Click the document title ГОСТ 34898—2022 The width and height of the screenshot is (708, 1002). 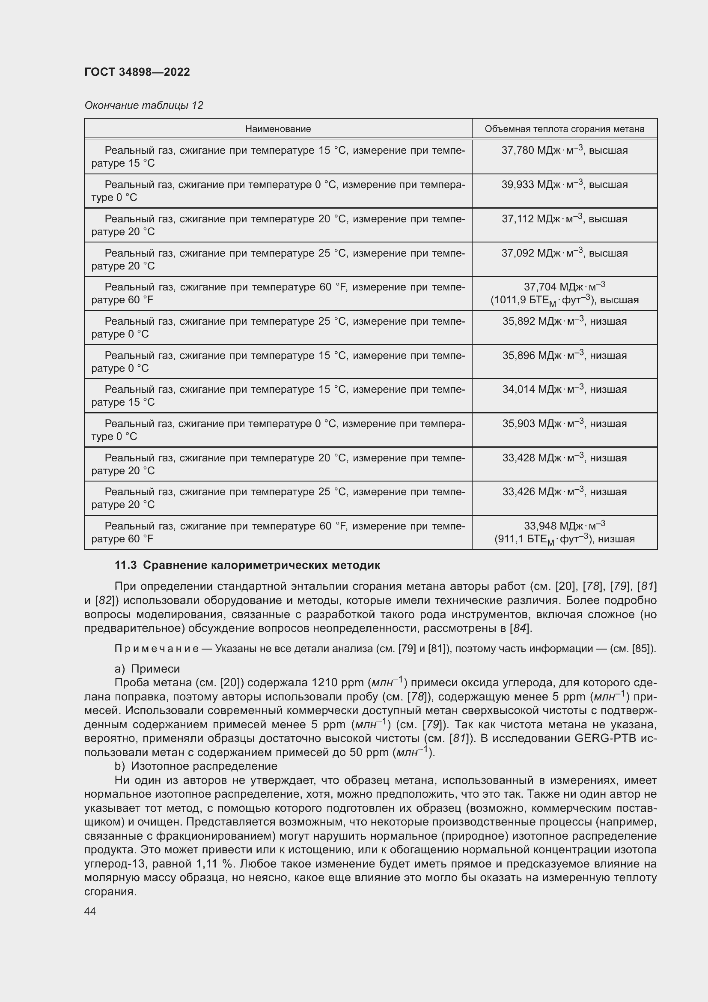[x=137, y=72]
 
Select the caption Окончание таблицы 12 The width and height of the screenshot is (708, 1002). [x=143, y=105]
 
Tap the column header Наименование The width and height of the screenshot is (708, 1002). [x=278, y=129]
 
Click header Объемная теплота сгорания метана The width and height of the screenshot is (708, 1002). [x=564, y=129]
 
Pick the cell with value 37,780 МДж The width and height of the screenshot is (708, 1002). [x=564, y=150]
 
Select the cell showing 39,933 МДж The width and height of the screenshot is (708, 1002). [x=564, y=185]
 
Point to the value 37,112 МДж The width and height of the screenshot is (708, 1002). [x=564, y=218]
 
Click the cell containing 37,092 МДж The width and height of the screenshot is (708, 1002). [x=564, y=253]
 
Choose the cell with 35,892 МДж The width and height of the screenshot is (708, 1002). [x=564, y=321]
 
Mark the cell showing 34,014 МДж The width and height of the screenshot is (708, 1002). [x=564, y=389]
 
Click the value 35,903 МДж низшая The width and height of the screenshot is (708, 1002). [x=564, y=424]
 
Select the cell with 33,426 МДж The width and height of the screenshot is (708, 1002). [x=564, y=492]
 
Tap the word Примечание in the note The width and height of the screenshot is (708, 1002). [x=156, y=649]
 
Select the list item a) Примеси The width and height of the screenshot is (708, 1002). [x=147, y=669]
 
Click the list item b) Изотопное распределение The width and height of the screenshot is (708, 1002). [x=196, y=766]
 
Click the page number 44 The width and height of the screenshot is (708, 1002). [x=90, y=911]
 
